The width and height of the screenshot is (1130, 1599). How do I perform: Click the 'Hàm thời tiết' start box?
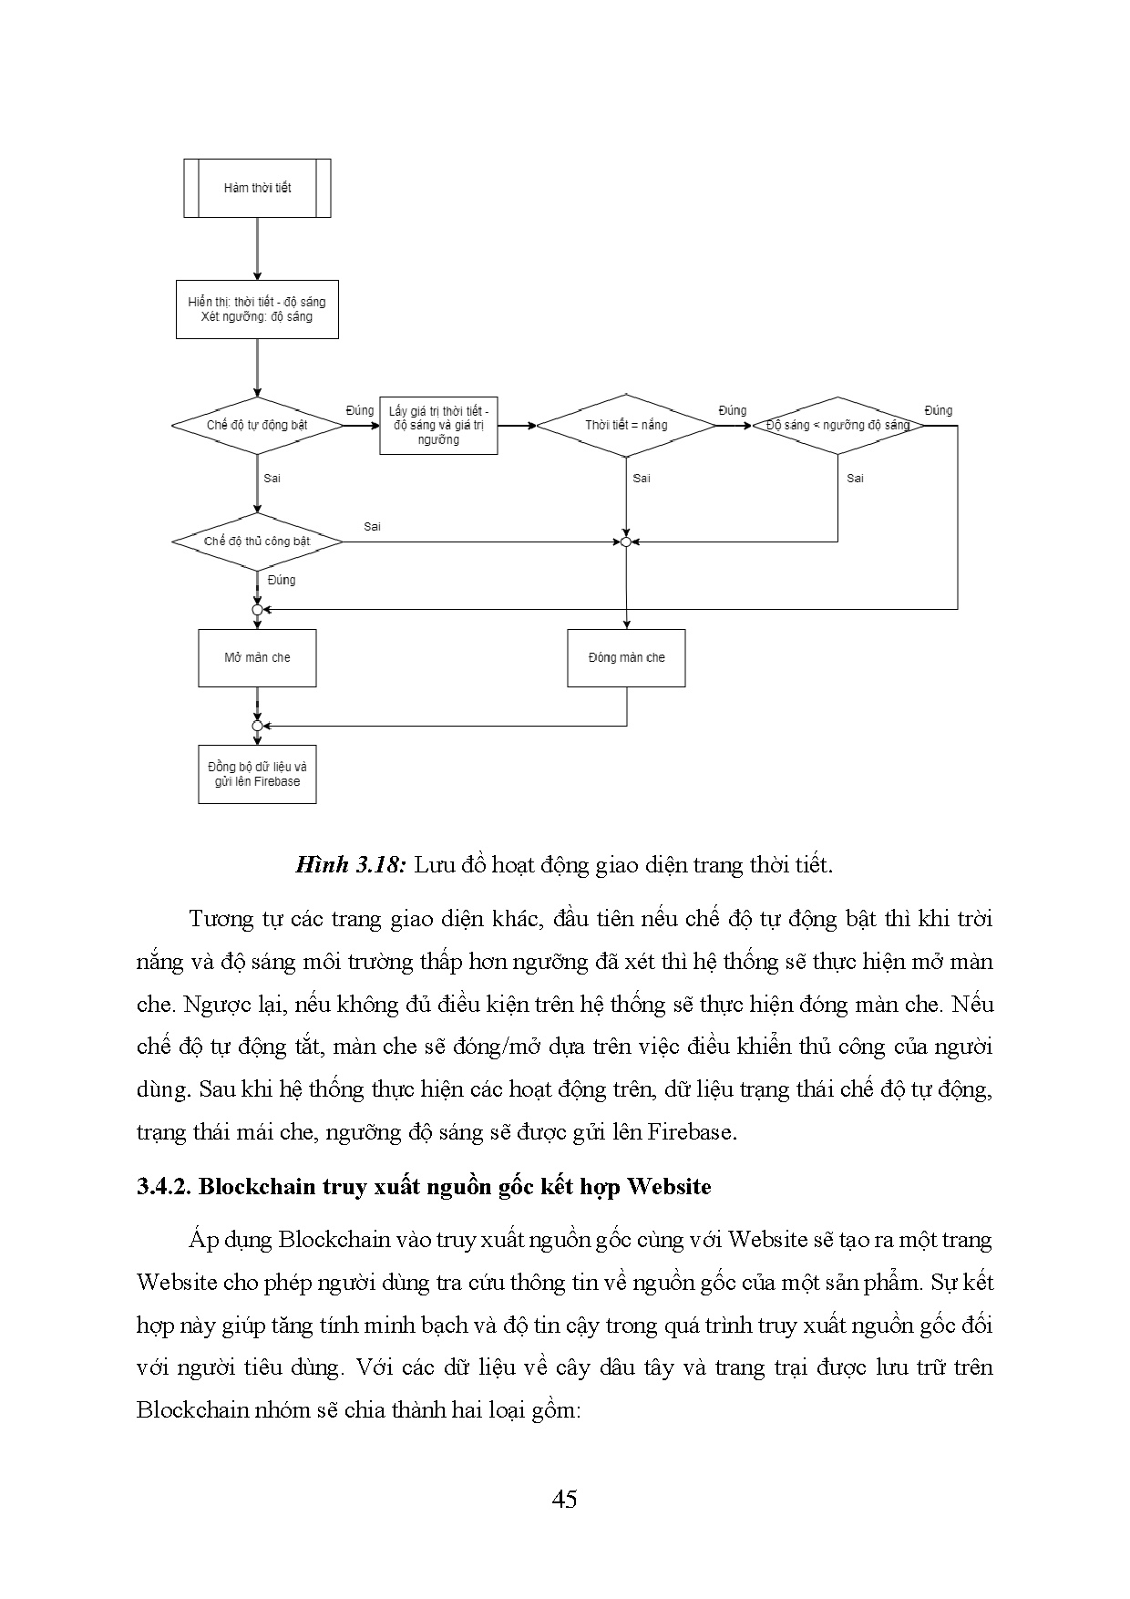257,188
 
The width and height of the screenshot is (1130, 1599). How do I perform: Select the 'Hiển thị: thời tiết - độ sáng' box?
257,309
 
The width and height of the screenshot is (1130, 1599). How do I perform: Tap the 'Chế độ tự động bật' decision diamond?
257,425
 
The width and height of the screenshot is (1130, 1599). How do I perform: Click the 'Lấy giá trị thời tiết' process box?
438,425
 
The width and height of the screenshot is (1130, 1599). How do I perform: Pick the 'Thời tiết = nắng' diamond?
626,425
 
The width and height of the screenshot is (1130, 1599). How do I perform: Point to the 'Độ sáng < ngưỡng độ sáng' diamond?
837,425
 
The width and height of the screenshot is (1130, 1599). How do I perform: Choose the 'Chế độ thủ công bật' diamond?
257,542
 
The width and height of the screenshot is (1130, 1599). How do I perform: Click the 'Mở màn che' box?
257,657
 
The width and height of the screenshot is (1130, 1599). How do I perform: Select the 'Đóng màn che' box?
626,657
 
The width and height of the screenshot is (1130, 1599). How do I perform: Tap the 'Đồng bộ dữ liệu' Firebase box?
257,774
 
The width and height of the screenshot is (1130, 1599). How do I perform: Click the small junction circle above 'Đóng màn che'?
626,542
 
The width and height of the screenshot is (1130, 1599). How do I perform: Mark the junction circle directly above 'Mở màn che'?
257,609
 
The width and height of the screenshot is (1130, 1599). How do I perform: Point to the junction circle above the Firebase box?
257,726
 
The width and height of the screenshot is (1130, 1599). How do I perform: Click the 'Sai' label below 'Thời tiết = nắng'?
642,478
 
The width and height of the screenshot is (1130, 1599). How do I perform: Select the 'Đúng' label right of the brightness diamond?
938,410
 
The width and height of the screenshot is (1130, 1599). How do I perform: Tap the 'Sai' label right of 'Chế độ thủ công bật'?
372,526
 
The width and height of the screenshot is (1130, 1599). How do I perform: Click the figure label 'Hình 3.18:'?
350,864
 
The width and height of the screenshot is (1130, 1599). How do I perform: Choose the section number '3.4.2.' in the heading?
164,1186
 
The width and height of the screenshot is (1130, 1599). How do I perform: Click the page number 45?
564,1499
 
